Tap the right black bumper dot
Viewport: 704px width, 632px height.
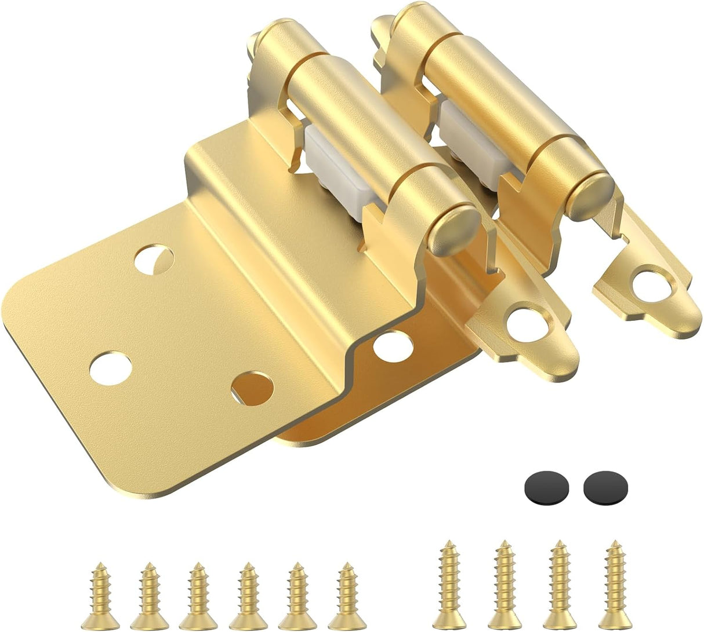(x=605, y=485)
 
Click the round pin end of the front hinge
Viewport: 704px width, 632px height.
(x=456, y=227)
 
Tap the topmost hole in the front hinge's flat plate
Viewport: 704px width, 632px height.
(x=154, y=258)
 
